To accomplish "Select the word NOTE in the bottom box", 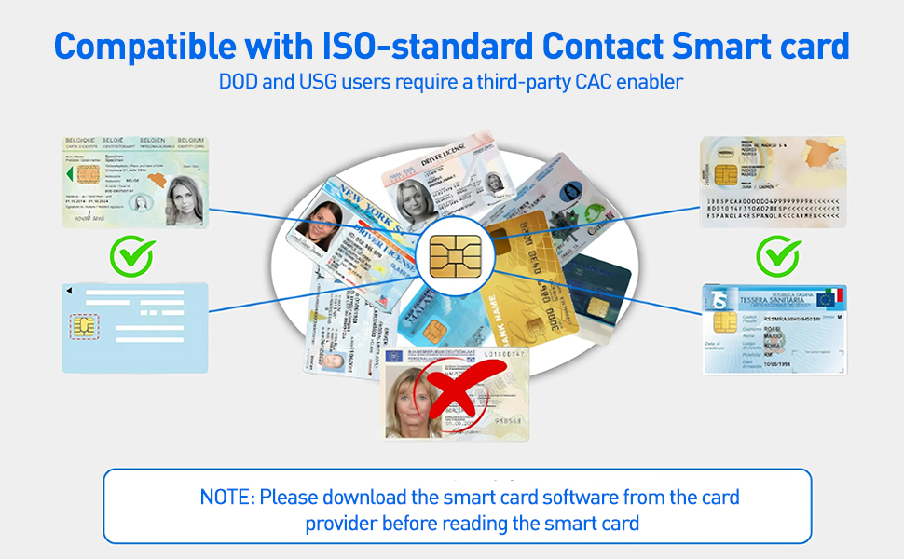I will tap(226, 497).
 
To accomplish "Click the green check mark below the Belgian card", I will tap(132, 255).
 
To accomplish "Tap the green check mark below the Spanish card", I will tap(777, 255).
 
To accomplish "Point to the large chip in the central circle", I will tap(450, 255).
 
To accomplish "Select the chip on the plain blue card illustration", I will tap(84, 326).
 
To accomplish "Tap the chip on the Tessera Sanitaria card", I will tap(720, 322).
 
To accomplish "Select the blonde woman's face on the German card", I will tap(407, 396).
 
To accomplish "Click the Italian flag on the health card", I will tap(829, 298).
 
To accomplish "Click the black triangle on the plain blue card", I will tap(68, 290).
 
